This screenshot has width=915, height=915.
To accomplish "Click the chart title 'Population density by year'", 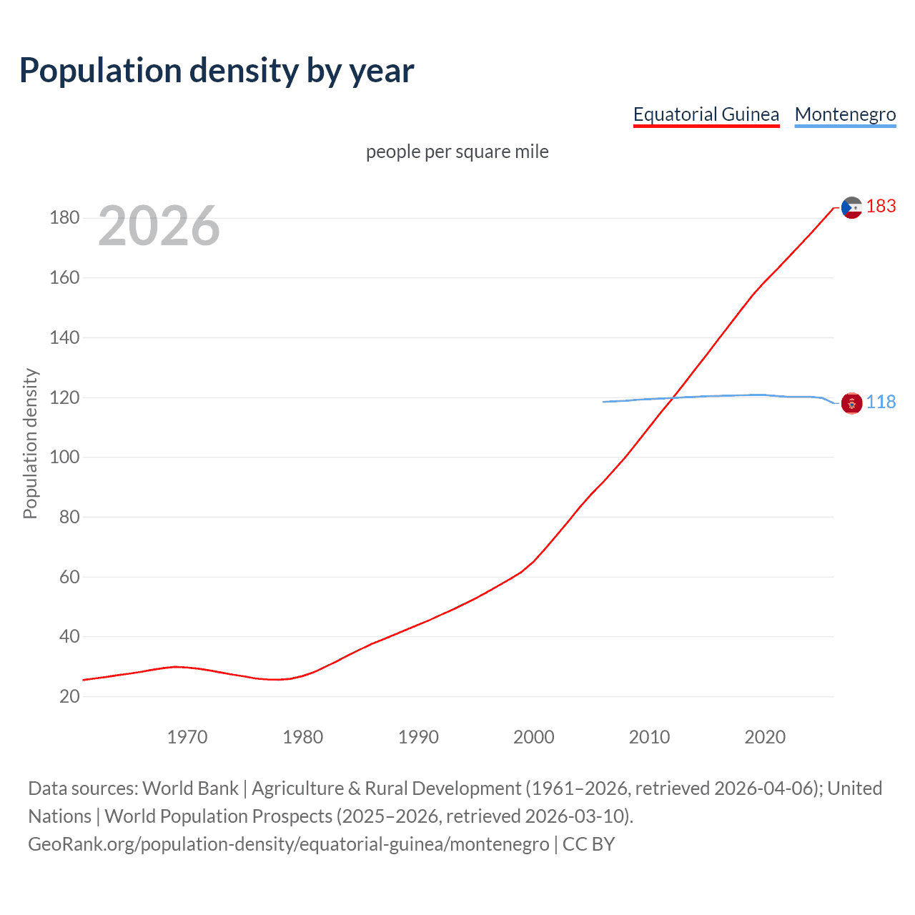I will [217, 70].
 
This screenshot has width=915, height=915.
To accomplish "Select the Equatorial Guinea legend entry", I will [706, 114].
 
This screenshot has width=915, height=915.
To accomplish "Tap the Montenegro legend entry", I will [845, 114].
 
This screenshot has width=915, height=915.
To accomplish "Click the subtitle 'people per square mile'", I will [457, 152].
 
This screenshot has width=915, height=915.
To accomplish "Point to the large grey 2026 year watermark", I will [159, 226].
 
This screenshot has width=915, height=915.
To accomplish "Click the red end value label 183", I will [881, 206].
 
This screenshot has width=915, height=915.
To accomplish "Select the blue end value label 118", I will [881, 402].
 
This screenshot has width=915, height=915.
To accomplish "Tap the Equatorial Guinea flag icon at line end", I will [851, 208].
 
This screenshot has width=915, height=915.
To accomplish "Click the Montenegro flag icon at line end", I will [851, 403].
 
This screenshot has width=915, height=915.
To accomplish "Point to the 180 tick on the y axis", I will [64, 217].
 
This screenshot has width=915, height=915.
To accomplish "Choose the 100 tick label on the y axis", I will [64, 457].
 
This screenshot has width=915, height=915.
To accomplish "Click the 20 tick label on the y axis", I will [69, 696].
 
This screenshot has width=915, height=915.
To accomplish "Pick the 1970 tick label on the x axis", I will [187, 737].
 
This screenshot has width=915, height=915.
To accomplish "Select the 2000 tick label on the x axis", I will [533, 737].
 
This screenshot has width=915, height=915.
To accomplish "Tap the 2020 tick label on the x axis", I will [765, 737].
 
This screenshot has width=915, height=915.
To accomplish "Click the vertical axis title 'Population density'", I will [30, 443].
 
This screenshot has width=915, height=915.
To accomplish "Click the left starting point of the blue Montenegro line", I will [604, 402].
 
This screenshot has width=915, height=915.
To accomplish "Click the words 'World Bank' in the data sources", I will [190, 788].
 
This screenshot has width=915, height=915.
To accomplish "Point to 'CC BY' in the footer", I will [588, 844].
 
